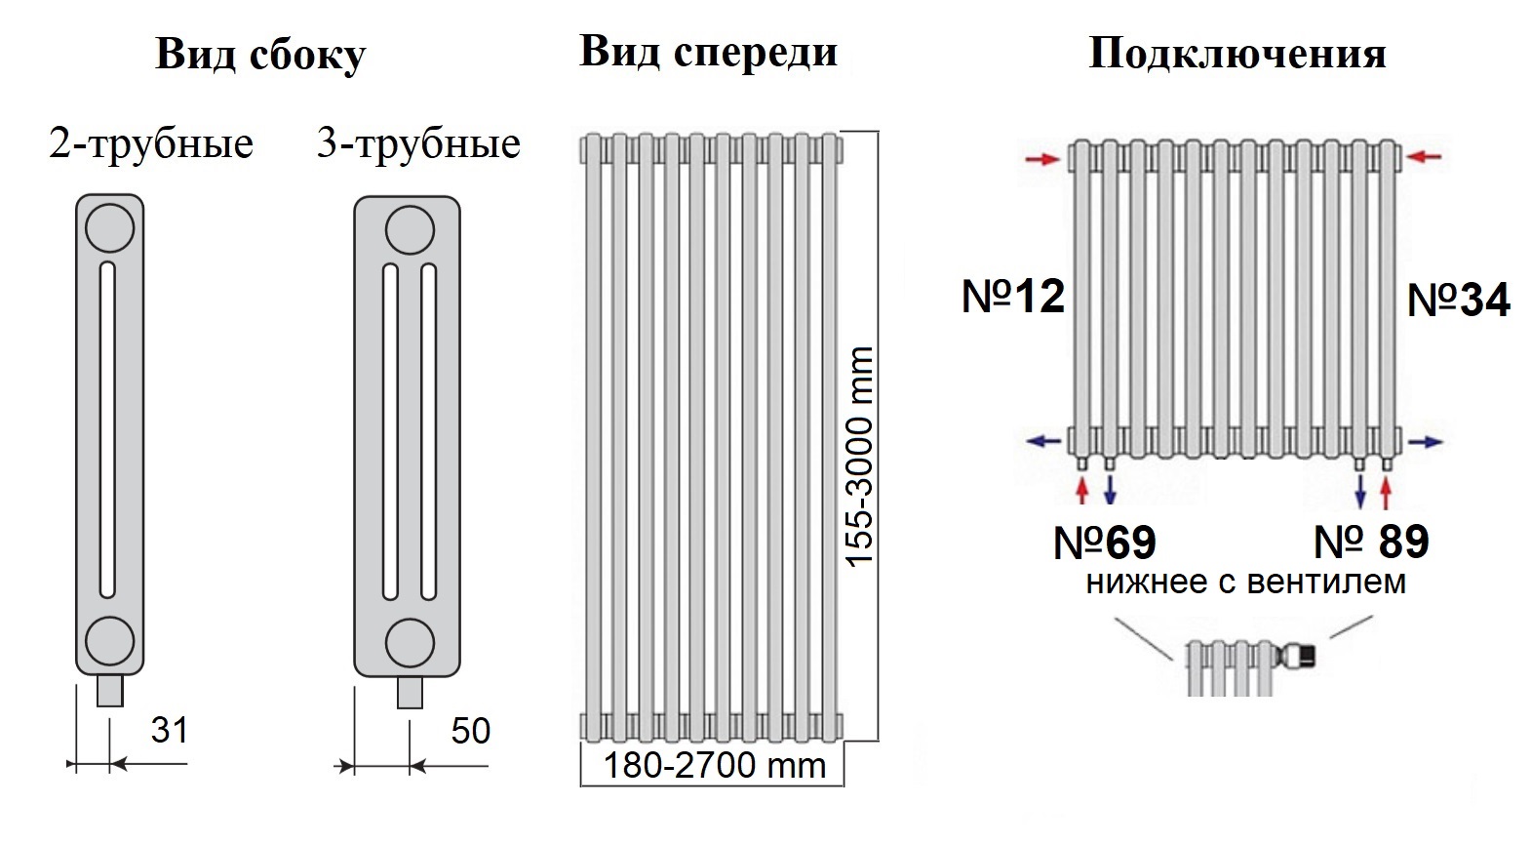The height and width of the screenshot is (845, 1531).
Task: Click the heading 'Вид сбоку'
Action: [260, 54]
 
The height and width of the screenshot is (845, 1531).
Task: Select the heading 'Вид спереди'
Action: [708, 52]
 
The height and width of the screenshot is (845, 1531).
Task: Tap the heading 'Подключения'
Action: [1237, 54]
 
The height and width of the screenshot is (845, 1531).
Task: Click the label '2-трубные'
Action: [151, 145]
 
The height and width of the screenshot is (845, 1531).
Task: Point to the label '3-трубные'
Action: [418, 145]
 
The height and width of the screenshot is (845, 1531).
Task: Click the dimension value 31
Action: [169, 730]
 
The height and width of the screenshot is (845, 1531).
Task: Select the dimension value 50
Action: [471, 731]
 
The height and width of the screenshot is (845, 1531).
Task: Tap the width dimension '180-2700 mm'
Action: [714, 766]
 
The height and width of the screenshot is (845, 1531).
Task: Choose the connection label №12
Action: [1013, 297]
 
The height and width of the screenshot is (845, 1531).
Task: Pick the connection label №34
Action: [1459, 301]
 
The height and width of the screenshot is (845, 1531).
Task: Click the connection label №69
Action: [1105, 543]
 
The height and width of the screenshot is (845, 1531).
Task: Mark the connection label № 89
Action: [1371, 542]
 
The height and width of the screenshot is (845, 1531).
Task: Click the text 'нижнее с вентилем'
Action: [1246, 583]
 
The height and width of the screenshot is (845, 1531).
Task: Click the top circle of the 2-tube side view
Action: [110, 227]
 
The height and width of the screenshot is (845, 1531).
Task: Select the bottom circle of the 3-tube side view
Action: [411, 644]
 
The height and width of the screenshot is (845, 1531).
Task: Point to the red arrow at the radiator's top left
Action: [1042, 159]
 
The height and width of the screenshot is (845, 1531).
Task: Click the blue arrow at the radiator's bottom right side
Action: [1425, 442]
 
